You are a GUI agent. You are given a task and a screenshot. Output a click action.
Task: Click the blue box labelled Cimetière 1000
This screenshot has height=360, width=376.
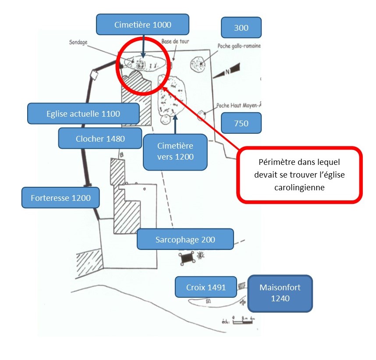tap(142, 25)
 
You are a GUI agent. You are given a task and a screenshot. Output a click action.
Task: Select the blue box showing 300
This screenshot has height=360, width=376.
tap(241, 28)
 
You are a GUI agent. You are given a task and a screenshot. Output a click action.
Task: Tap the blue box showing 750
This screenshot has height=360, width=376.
tap(241, 123)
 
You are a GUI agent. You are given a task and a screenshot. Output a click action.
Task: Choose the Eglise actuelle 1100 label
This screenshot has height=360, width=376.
tap(83, 114)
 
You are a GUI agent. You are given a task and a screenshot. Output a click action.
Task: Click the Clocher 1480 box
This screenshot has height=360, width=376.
tap(100, 139)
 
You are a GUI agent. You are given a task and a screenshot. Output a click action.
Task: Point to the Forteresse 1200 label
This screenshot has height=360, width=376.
tap(61, 198)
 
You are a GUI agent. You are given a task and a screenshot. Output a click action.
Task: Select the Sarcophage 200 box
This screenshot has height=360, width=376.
tap(185, 239)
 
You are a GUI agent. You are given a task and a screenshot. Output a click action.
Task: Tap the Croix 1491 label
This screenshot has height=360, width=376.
tap(206, 287)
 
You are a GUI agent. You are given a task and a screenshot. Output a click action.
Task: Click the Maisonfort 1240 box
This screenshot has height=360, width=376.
tap(280, 293)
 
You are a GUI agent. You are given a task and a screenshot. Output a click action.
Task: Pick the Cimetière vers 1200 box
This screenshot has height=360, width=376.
tap(175, 152)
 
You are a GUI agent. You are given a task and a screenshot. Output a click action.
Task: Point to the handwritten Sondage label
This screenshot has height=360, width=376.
tap(79, 43)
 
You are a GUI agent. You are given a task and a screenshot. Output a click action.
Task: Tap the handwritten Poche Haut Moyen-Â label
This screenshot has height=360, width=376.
tap(238, 106)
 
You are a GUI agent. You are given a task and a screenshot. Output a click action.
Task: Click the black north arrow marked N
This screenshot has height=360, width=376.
tap(228, 70)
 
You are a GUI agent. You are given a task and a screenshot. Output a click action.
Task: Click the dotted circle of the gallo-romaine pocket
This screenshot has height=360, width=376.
tap(198, 65)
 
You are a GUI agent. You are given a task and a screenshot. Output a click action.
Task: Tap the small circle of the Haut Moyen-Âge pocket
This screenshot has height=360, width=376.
tap(202, 116)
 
